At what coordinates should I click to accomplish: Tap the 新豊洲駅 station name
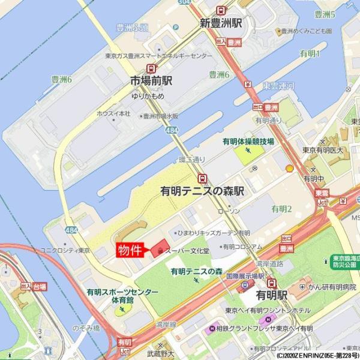(x=221, y=23)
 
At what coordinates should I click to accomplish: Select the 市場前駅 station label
(x=152, y=82)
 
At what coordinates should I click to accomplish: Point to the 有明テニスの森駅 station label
(x=202, y=191)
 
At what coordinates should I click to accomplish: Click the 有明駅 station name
(x=271, y=296)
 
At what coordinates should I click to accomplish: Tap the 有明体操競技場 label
(x=248, y=142)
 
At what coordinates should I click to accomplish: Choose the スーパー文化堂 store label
(x=187, y=250)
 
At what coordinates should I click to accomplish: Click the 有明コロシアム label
(x=242, y=247)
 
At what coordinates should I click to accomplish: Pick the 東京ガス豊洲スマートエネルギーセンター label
(x=158, y=56)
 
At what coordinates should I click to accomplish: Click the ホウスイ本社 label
(x=113, y=113)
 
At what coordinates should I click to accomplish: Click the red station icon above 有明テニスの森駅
(x=203, y=178)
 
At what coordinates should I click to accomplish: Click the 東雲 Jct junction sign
(x=322, y=197)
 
